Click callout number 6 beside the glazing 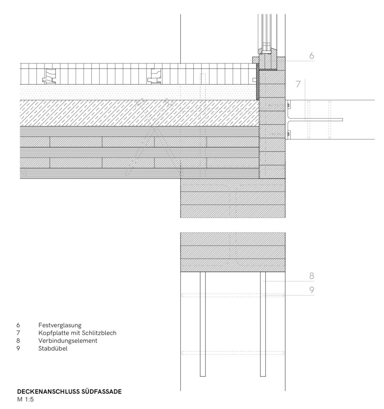pyautogui.click(x=311, y=56)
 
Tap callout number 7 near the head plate pyautogui.click(x=298, y=84)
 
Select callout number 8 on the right pyautogui.click(x=311, y=276)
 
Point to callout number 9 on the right pyautogui.click(x=311, y=290)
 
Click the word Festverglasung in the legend pyautogui.click(x=60, y=325)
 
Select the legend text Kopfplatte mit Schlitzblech pyautogui.click(x=77, y=333)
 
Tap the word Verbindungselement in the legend pyautogui.click(x=68, y=341)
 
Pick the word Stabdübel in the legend pyautogui.click(x=53, y=348)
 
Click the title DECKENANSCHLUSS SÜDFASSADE pyautogui.click(x=69, y=391)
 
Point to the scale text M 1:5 pyautogui.click(x=25, y=399)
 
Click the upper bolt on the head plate pyautogui.click(x=288, y=105)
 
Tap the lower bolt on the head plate pyautogui.click(x=288, y=134)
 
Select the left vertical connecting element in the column pyautogui.click(x=202, y=324)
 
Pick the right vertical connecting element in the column pyautogui.click(x=263, y=324)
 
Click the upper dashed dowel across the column pyautogui.click(x=233, y=295)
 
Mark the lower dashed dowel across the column pyautogui.click(x=233, y=353)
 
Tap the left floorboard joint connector pyautogui.click(x=49, y=76)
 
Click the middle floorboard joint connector pyautogui.click(x=154, y=76)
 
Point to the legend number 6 pyautogui.click(x=18, y=325)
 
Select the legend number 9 pyautogui.click(x=18, y=348)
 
